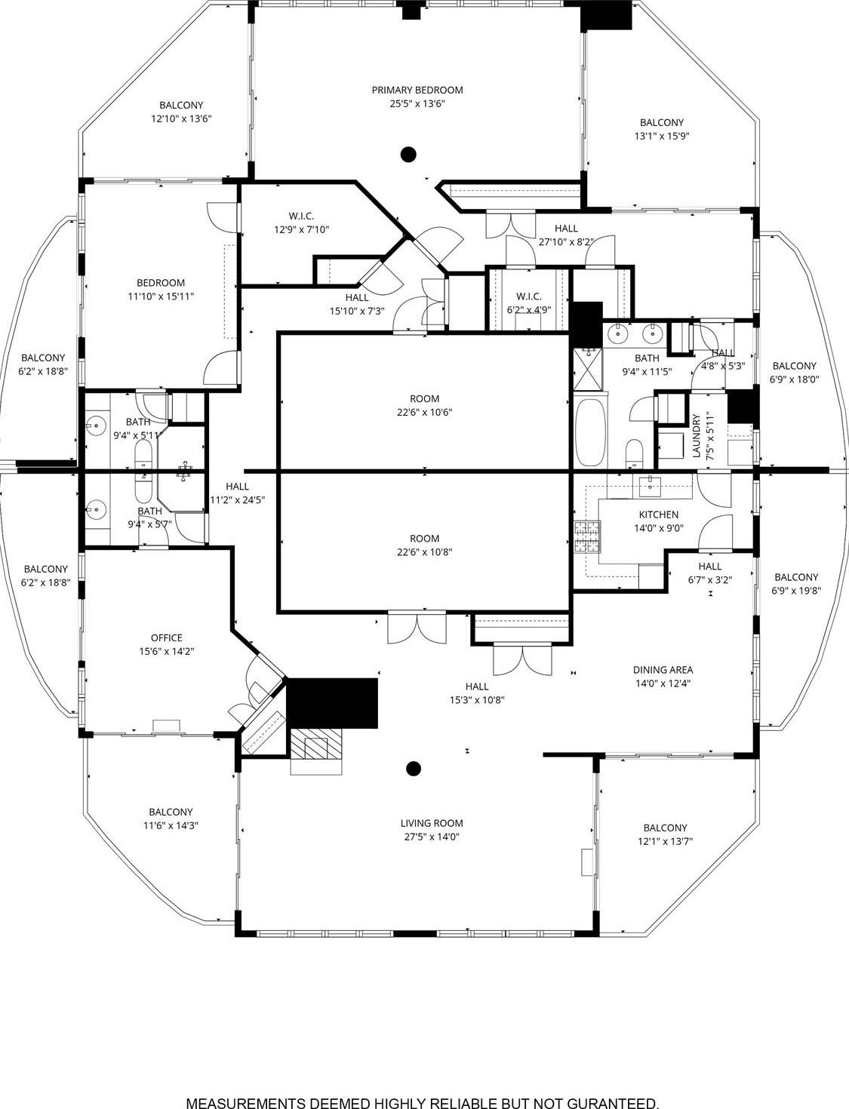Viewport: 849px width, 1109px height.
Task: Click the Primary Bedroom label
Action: click(417, 91)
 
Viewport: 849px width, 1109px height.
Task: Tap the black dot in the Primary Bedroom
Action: click(408, 155)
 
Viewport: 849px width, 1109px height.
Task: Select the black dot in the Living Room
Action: click(413, 769)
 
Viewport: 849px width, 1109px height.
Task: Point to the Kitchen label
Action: click(658, 515)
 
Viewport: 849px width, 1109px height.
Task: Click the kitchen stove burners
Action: click(588, 536)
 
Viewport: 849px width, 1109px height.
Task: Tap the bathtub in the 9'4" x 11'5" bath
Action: click(589, 433)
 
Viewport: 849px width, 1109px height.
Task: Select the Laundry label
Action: click(697, 436)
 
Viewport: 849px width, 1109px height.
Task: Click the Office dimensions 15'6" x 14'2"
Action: click(166, 651)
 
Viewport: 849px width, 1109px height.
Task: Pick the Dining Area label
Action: click(663, 670)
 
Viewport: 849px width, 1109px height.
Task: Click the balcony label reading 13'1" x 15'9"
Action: click(661, 137)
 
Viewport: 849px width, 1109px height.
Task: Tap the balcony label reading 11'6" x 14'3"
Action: click(171, 825)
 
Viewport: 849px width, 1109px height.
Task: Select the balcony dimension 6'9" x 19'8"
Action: click(795, 591)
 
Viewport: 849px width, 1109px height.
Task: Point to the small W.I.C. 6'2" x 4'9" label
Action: click(528, 303)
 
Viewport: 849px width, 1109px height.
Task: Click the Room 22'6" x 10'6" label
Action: click(424, 405)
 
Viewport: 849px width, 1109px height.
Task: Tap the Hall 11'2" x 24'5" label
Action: click(237, 493)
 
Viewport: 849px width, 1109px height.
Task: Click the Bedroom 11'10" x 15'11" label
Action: click(161, 290)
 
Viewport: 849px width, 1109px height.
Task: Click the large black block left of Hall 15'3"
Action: click(332, 703)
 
